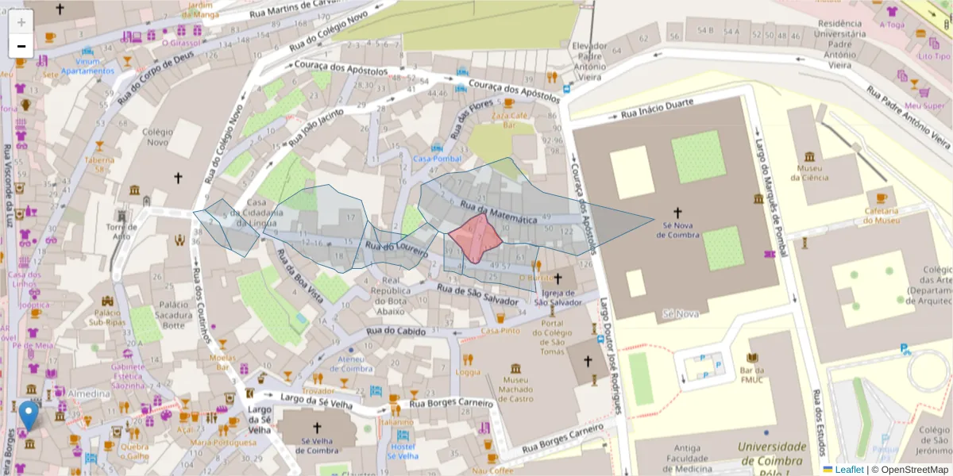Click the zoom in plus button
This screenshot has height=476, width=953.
pyautogui.click(x=21, y=21)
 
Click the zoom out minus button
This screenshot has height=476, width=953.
pyautogui.click(x=21, y=46)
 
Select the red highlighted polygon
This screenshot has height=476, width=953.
pyautogui.click(x=475, y=238)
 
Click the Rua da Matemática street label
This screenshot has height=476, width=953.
pyautogui.click(x=500, y=212)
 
